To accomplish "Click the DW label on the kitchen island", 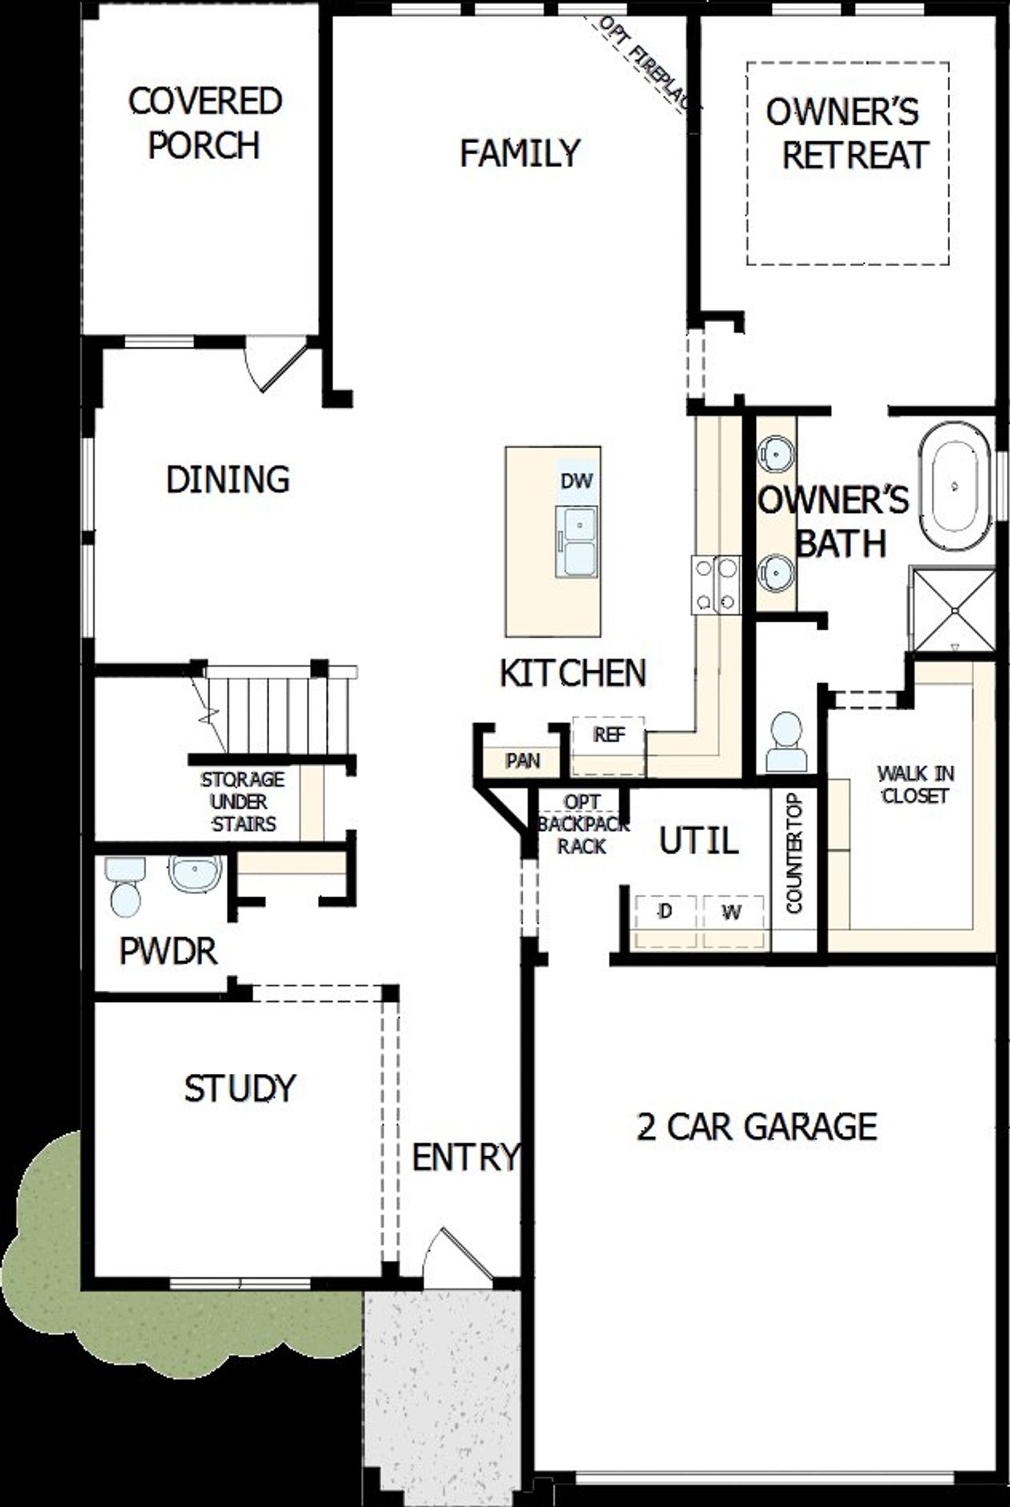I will click(576, 481).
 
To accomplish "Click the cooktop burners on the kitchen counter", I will click(716, 585).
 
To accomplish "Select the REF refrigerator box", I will click(609, 735).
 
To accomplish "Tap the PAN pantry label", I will click(522, 761).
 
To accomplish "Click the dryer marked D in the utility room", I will click(665, 912).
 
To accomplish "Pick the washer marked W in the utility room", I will click(732, 913).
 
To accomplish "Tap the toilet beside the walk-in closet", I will click(786, 743).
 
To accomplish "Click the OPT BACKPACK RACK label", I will click(583, 825).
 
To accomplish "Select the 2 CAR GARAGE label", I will click(756, 1127).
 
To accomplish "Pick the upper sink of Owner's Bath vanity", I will click(776, 454).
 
